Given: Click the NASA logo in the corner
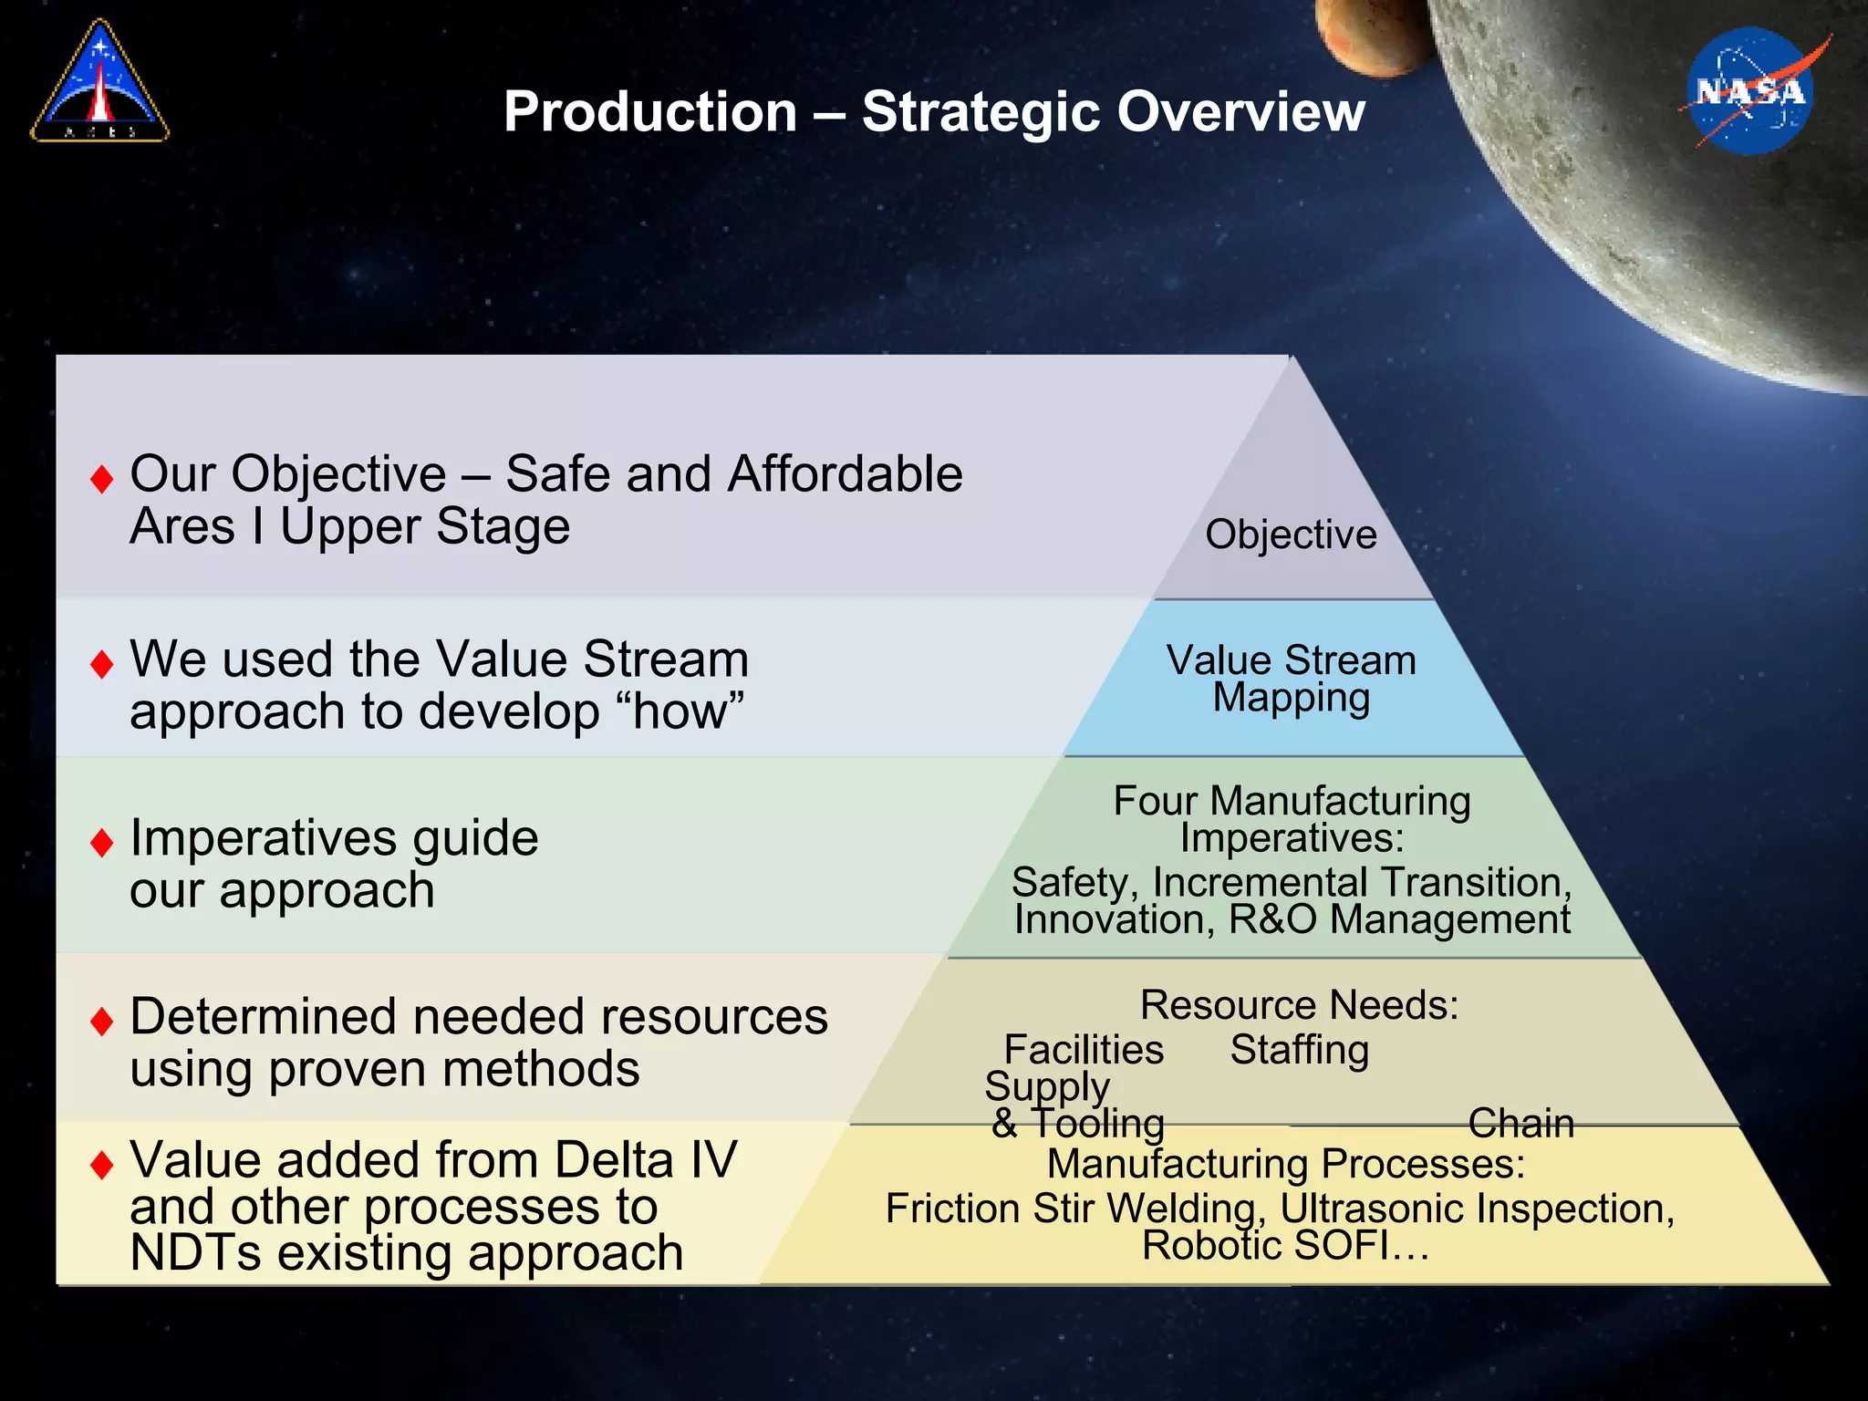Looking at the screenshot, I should coord(1749,91).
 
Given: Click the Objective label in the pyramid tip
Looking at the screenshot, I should coord(1291,534).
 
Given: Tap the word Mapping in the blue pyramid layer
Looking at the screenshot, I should coord(1291,699).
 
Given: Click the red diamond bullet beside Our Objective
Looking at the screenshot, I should coord(102,478).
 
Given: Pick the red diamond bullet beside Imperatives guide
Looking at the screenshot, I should coord(102,842).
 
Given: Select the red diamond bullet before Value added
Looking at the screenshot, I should coord(102,1164).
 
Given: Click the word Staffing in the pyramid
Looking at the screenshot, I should coord(1299,1050).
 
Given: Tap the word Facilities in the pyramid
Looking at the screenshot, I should coord(1084,1050).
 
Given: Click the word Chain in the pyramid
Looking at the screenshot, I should coord(1520,1123).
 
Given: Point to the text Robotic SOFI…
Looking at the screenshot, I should coord(1285,1246).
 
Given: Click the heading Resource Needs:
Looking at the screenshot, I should coord(1299,1005).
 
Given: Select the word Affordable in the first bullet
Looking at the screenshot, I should coord(845,474).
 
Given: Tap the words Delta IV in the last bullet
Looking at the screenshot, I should coord(645,1160).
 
